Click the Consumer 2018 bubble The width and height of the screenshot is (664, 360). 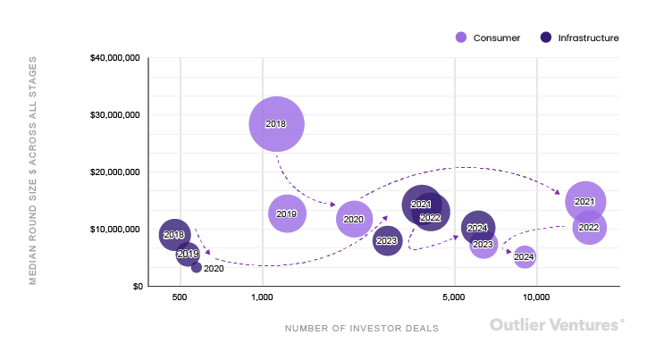tap(276, 124)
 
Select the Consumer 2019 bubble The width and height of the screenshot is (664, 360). tap(286, 213)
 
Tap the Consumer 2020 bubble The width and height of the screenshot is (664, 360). tap(353, 219)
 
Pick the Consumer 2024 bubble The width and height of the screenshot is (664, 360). tap(525, 257)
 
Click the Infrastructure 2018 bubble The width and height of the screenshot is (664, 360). tap(174, 234)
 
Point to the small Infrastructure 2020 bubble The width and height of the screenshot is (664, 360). tap(197, 267)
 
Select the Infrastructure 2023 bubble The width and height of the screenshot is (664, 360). tap(387, 240)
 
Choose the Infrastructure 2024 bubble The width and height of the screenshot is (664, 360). tap(478, 228)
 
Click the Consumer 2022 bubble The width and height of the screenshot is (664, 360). tap(589, 228)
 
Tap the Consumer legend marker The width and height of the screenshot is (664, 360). tap(461, 38)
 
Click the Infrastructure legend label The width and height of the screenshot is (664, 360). tap(588, 38)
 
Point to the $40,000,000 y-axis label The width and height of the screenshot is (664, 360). tap(115, 58)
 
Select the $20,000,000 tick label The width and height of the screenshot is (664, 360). tap(115, 172)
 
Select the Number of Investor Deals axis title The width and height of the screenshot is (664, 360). tap(362, 328)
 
